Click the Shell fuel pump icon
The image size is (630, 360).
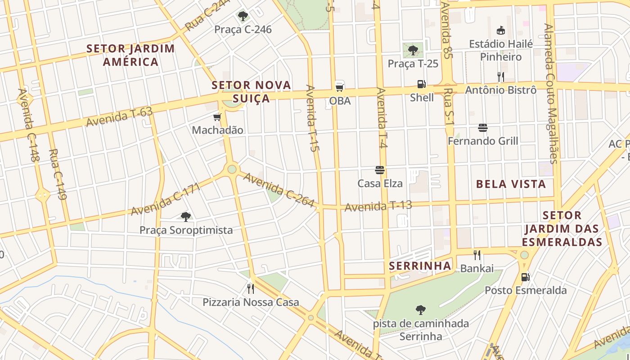(x=421, y=84)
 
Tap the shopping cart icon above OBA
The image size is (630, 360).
(x=340, y=87)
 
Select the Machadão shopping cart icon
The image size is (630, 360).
(x=217, y=117)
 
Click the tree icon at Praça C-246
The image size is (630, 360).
(x=243, y=16)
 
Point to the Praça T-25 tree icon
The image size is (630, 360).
(x=413, y=50)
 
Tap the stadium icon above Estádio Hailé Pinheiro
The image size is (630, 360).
(x=500, y=31)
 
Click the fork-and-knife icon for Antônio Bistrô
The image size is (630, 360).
(x=500, y=76)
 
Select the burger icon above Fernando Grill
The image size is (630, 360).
(x=483, y=128)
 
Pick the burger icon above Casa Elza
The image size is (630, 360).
(x=380, y=170)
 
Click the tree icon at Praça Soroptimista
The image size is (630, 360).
(x=185, y=217)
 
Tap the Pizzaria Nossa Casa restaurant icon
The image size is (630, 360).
(x=251, y=288)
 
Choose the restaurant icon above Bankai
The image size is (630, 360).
(x=477, y=255)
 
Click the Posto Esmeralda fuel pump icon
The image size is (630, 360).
(x=525, y=277)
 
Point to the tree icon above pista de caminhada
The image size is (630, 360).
(x=421, y=310)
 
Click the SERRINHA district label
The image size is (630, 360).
(x=420, y=266)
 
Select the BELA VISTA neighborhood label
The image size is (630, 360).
(x=511, y=184)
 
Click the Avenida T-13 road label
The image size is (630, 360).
(x=378, y=206)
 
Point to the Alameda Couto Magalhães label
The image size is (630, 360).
(x=550, y=94)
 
